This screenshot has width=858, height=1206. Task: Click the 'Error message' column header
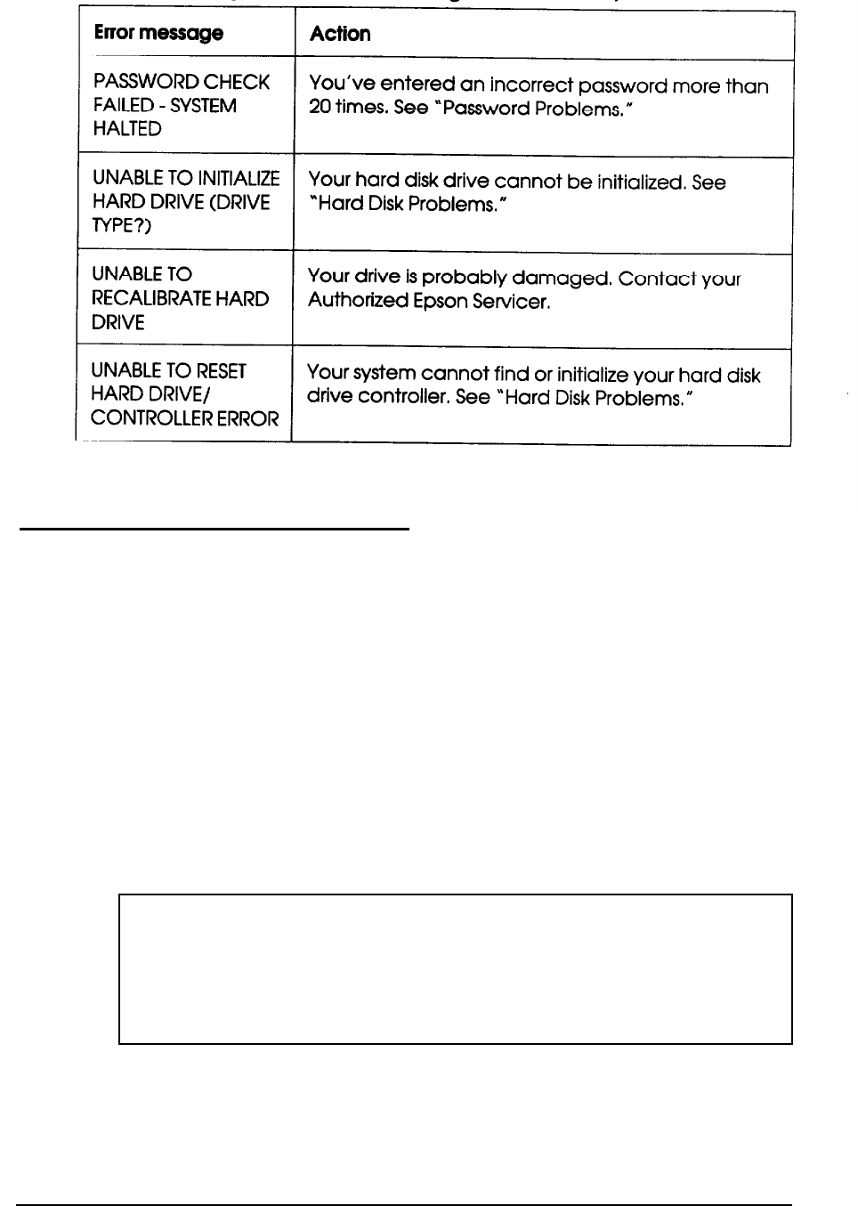tap(158, 34)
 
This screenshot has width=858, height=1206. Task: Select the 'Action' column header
tap(340, 34)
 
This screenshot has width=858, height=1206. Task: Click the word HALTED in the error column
tap(127, 129)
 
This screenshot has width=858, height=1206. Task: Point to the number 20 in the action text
tap(319, 109)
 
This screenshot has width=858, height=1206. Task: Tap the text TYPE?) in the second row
tap(122, 227)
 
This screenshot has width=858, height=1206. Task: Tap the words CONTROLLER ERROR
tap(185, 418)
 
